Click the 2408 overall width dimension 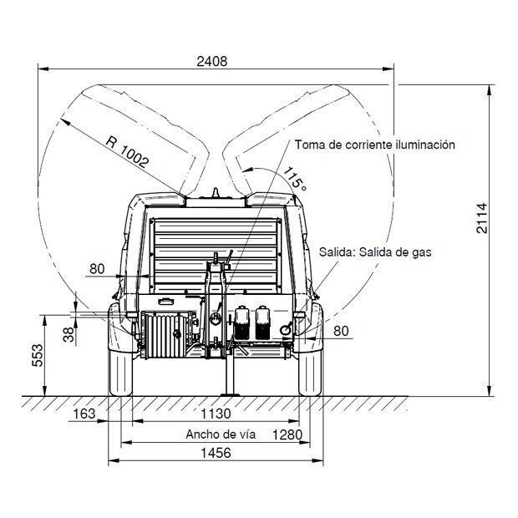click(212, 62)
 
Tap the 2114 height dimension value click(482, 218)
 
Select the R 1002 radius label click(128, 151)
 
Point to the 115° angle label click(295, 179)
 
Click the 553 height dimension click(38, 355)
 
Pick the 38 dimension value click(69, 334)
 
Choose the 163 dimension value click(84, 414)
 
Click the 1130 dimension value click(216, 414)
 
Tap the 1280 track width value click(287, 434)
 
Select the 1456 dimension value click(216, 453)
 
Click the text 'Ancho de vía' click(221, 434)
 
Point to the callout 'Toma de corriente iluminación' click(375, 145)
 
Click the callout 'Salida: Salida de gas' click(375, 252)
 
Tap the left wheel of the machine click(120, 373)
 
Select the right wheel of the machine click(310, 373)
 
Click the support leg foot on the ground click(231, 394)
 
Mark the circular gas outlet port click(286, 330)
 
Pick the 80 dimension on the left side click(97, 269)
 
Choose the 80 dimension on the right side click(341, 331)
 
